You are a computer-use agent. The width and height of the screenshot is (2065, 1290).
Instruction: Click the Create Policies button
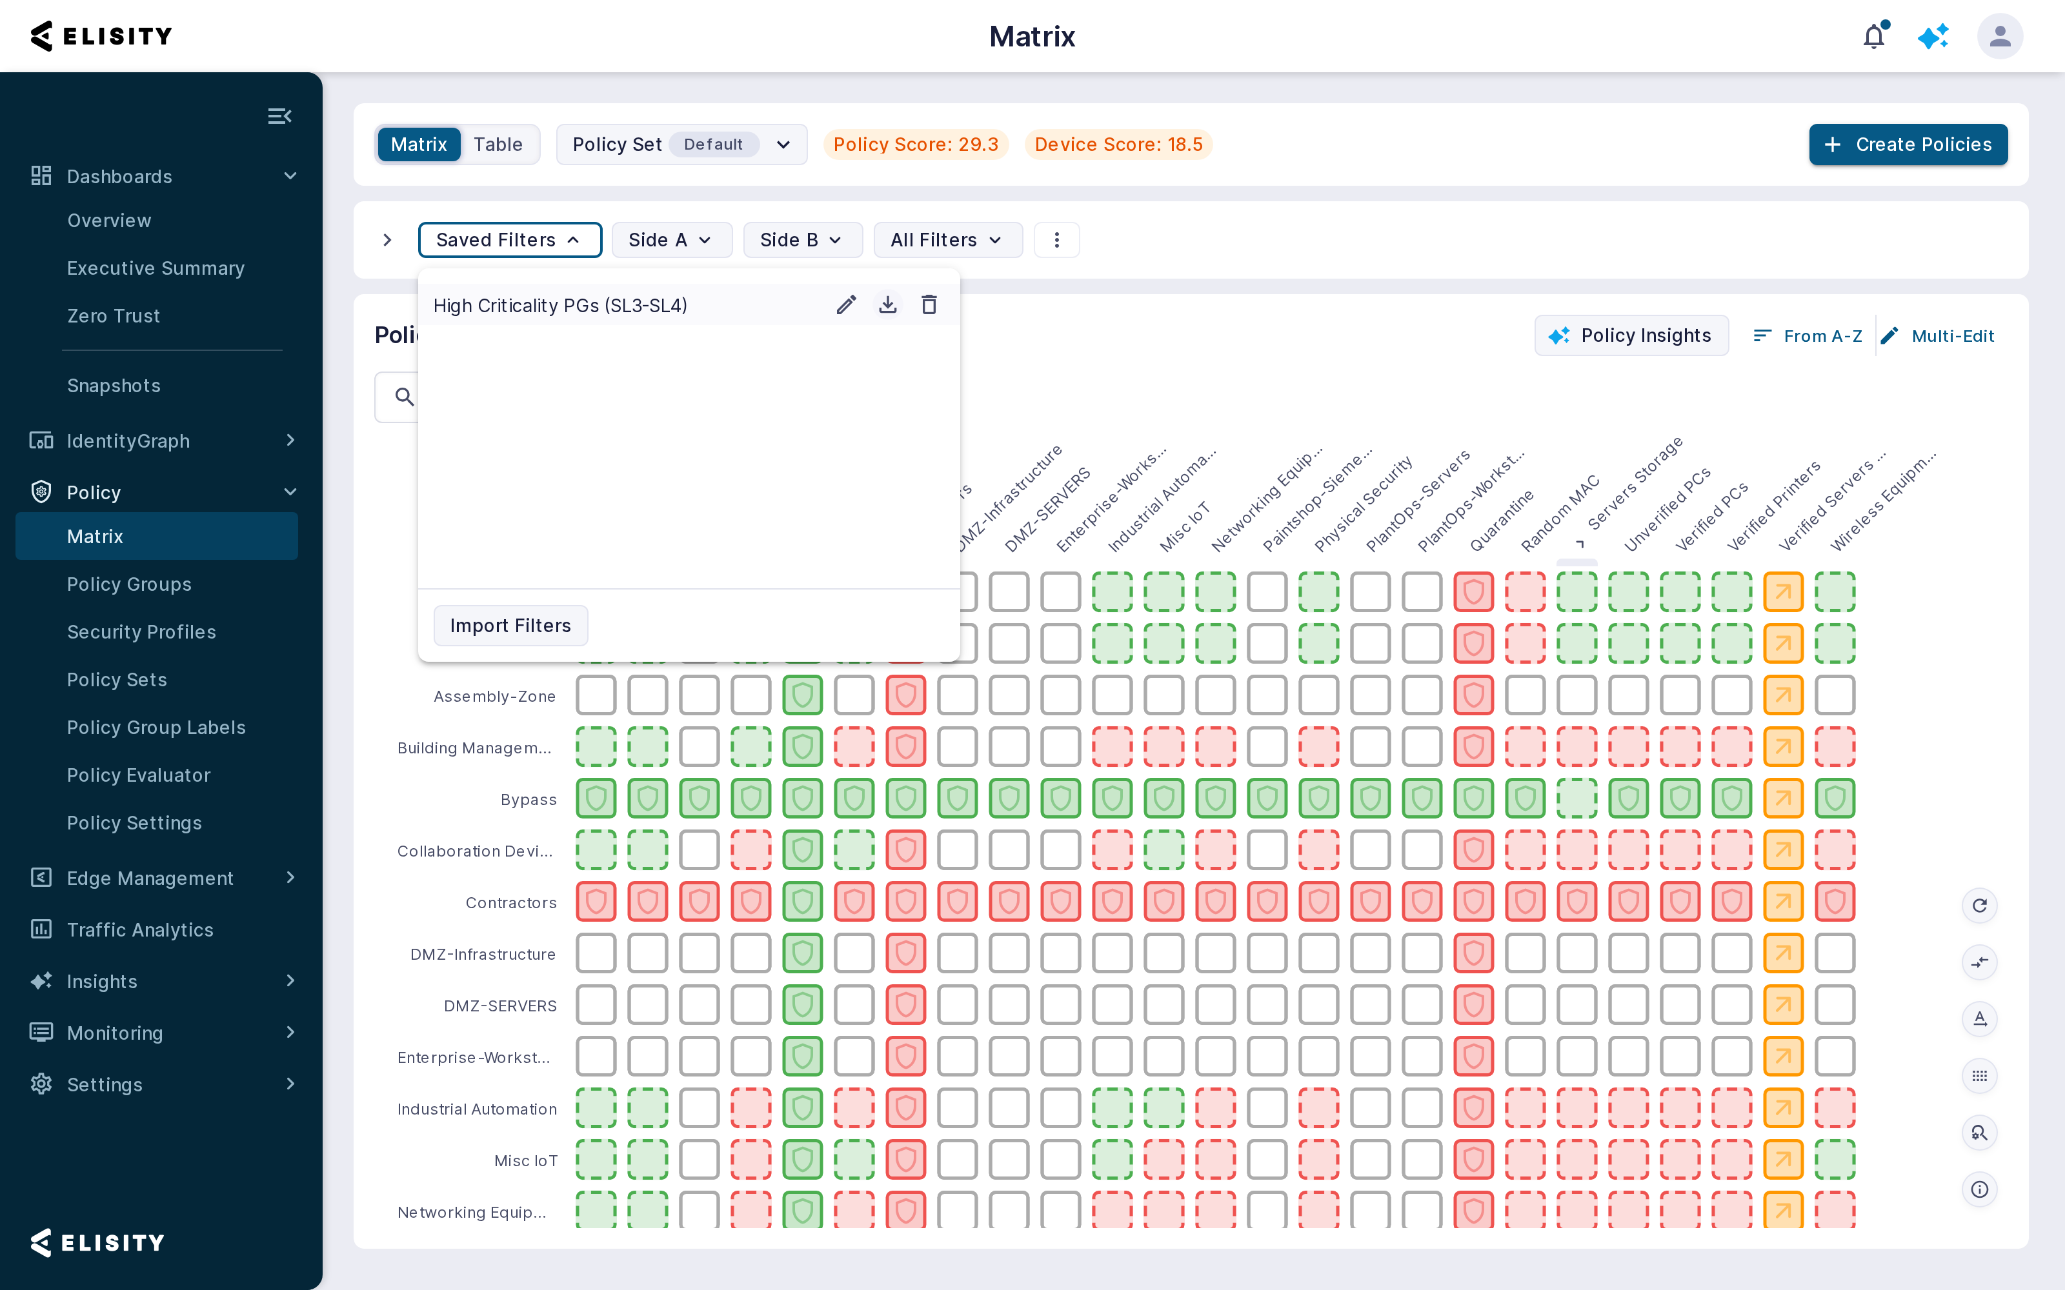pyautogui.click(x=1908, y=144)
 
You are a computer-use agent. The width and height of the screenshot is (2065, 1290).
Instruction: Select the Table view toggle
pyautogui.click(x=498, y=144)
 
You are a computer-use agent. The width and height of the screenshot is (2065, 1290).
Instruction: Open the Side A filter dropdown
pyautogui.click(x=670, y=240)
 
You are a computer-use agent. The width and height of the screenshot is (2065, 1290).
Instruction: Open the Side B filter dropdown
pyautogui.click(x=802, y=240)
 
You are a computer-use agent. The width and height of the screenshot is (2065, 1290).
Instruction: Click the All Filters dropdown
pyautogui.click(x=947, y=240)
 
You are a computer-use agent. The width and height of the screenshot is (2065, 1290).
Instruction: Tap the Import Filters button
pyautogui.click(x=510, y=626)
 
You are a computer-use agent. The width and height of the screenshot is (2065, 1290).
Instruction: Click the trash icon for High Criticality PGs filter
pyautogui.click(x=929, y=304)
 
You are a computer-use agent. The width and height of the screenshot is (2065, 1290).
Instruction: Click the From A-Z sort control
pyautogui.click(x=1808, y=336)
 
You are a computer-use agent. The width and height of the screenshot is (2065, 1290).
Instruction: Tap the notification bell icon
pyautogui.click(x=1875, y=36)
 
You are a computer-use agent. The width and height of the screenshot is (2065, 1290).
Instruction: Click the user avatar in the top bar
pyautogui.click(x=2000, y=36)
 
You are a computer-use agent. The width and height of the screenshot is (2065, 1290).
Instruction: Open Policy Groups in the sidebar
pyautogui.click(x=130, y=584)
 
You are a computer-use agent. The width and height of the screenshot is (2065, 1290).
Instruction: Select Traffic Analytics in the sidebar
pyautogui.click(x=140, y=930)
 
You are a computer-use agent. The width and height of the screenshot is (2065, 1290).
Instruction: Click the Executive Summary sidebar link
pyautogui.click(x=156, y=268)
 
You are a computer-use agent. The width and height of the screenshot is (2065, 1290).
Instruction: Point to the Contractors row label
pyautogui.click(x=511, y=902)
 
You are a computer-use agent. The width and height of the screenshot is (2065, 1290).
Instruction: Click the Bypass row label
pyautogui.click(x=529, y=799)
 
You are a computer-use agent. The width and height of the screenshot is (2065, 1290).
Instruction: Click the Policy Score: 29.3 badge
pyautogui.click(x=916, y=144)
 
